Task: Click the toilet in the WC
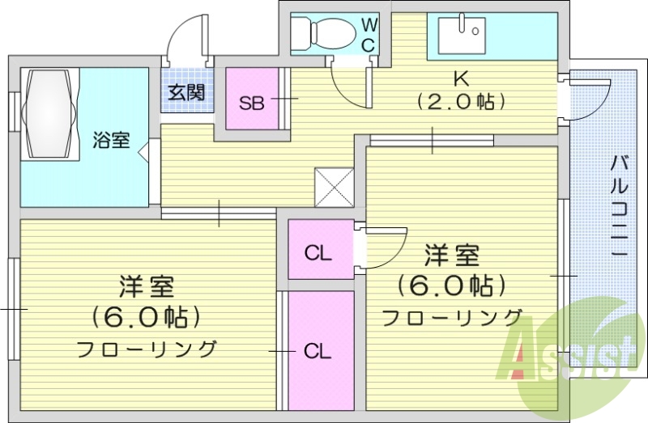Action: pyautogui.click(x=323, y=33)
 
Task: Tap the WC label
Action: pyautogui.click(x=369, y=35)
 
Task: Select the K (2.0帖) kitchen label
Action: pyautogui.click(x=461, y=90)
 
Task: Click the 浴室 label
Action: pyautogui.click(x=111, y=140)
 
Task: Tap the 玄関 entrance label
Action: pyautogui.click(x=187, y=92)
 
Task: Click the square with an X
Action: pyautogui.click(x=334, y=188)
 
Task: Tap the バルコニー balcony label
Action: pyautogui.click(x=619, y=205)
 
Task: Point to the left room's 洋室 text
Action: pyautogui.click(x=147, y=287)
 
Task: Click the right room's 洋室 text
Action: pyautogui.click(x=452, y=256)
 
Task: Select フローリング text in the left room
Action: pyautogui.click(x=147, y=349)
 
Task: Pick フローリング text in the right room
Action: pyautogui.click(x=451, y=318)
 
